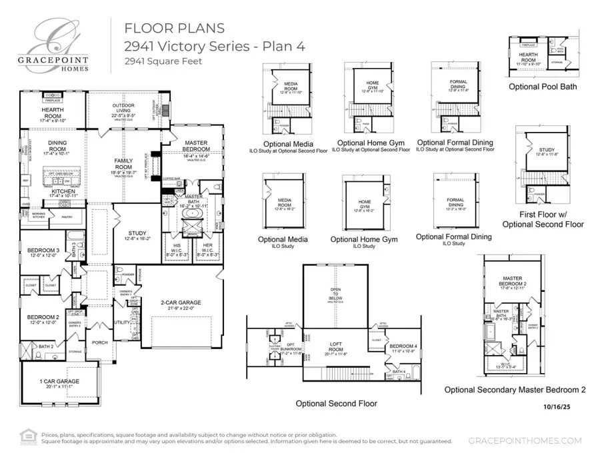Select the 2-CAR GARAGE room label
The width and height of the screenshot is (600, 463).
point(180,303)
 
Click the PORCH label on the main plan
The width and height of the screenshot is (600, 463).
point(100,344)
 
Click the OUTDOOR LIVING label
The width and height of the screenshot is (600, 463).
point(123,109)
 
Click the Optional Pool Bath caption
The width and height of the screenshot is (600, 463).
point(543,87)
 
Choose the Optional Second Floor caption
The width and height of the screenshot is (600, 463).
point(337,404)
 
